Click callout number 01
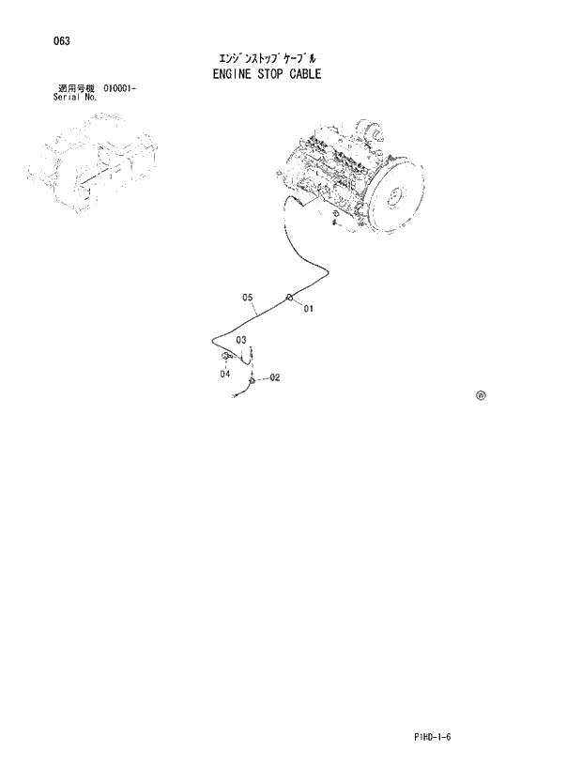(308, 308)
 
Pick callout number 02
(275, 378)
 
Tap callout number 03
(241, 340)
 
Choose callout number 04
(225, 375)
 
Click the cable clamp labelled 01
(290, 299)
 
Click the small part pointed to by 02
(252, 379)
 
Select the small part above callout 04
(226, 357)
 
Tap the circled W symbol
(481, 396)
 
